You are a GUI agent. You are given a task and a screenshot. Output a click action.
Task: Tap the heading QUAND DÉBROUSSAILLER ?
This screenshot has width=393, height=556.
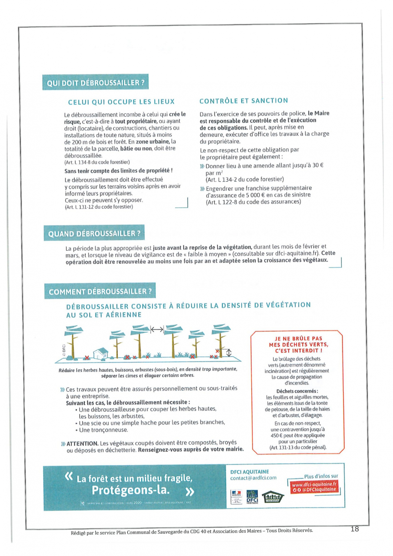coord(94,233)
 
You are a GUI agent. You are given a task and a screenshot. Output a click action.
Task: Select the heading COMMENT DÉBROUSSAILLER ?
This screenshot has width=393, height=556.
coord(100,291)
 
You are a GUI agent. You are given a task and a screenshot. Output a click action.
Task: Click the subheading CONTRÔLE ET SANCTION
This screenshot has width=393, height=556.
coord(244,101)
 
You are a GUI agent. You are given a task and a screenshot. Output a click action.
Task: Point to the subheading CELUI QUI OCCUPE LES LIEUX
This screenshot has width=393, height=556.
coord(121,102)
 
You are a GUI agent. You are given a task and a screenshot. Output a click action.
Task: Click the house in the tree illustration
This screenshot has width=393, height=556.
coord(101,353)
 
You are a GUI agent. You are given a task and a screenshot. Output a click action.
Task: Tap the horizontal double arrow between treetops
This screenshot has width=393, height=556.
coord(157,329)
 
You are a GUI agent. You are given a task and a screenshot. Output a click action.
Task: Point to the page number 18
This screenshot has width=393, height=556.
coord(355,528)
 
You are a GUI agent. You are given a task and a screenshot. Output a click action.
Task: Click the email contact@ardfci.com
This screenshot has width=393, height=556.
coord(253,478)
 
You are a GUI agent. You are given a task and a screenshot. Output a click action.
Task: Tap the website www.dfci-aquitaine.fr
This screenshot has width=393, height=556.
coord(314,484)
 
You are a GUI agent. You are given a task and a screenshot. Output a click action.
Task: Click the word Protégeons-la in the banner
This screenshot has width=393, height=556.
coord(130,490)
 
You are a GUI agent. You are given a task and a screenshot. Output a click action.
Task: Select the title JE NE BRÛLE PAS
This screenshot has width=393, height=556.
coord(298,338)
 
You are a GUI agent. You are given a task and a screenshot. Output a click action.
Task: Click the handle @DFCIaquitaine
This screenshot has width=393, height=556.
coord(317,489)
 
